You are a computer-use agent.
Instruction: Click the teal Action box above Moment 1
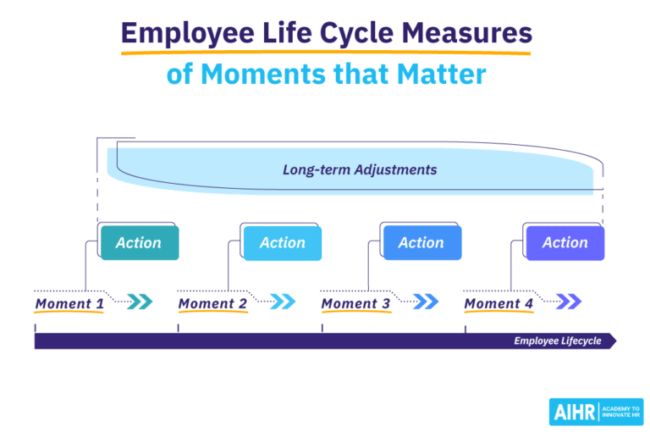click(139, 243)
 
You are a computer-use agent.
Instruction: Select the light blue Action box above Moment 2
click(283, 243)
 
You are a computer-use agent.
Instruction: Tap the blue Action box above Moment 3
click(421, 243)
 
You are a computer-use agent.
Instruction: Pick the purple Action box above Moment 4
click(565, 243)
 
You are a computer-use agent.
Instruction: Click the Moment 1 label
click(69, 303)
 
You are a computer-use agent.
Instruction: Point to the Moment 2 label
click(212, 303)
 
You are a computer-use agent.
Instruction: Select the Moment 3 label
click(355, 303)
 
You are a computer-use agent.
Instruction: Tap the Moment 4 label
click(499, 303)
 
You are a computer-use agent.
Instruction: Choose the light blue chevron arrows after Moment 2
click(283, 301)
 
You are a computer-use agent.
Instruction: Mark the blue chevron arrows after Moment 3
click(426, 301)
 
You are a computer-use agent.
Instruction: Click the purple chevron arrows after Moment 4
click(569, 301)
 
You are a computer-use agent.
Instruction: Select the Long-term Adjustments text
click(360, 169)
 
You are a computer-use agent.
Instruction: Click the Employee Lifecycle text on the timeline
click(557, 341)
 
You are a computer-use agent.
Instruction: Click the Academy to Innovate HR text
click(622, 412)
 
